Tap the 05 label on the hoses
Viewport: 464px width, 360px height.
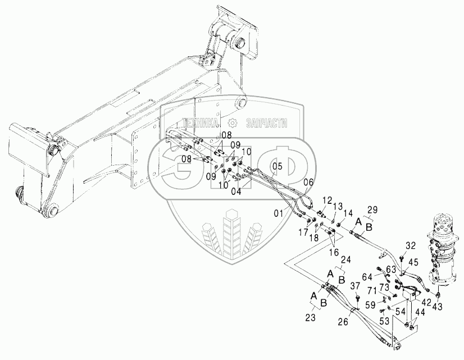(276, 166)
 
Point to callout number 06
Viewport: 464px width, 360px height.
(308, 181)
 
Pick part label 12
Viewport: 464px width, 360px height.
(326, 200)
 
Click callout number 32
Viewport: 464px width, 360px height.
(411, 245)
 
